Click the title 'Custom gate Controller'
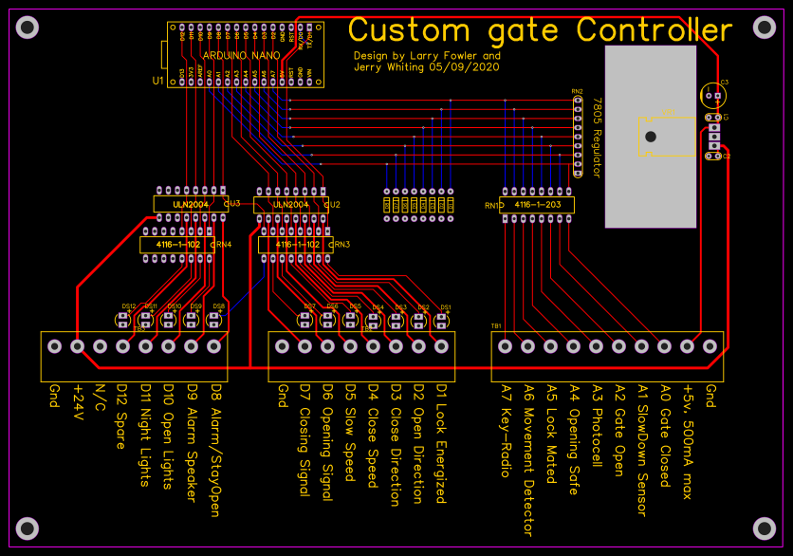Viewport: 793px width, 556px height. click(x=540, y=30)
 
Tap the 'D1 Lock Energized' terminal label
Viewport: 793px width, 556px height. click(x=441, y=442)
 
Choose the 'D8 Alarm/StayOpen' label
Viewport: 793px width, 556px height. click(x=215, y=450)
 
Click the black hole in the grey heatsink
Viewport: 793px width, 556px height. click(x=650, y=137)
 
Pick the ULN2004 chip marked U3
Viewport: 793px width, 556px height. click(x=190, y=204)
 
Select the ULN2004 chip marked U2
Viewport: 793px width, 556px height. click(x=291, y=204)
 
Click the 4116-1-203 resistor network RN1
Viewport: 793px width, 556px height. click(x=537, y=205)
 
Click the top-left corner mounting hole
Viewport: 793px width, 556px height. click(x=28, y=28)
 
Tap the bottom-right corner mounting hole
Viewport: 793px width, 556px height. click(x=765, y=528)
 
